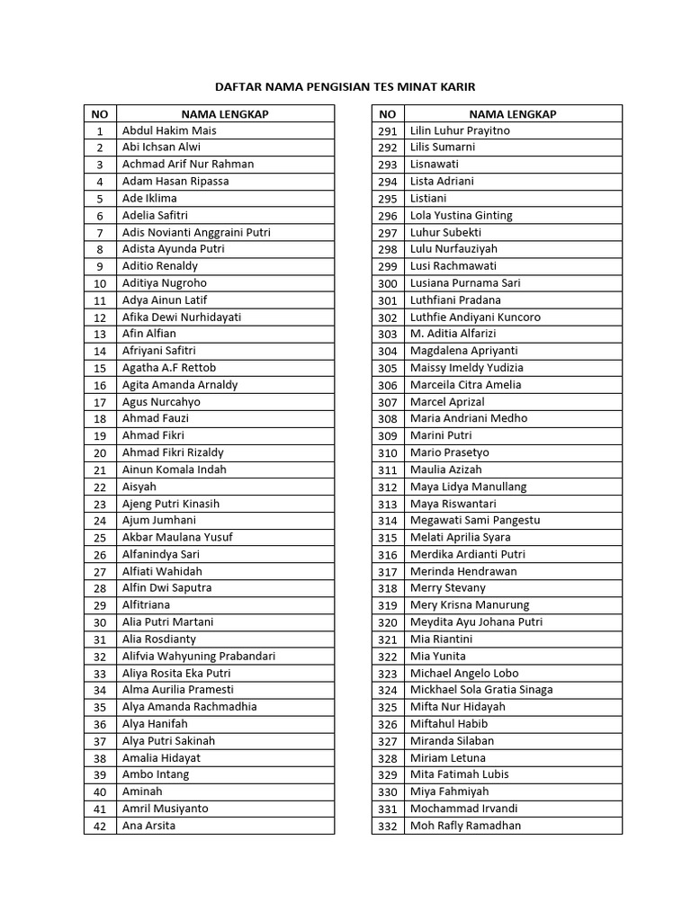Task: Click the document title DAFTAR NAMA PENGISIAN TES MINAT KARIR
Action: [x=345, y=87]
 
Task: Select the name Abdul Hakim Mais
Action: [x=169, y=130]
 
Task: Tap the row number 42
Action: [x=100, y=827]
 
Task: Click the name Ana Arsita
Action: [x=149, y=826]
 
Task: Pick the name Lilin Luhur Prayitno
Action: [x=460, y=130]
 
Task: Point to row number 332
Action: [x=388, y=827]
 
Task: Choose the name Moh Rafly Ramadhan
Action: [x=465, y=826]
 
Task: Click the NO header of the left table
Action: [x=100, y=114]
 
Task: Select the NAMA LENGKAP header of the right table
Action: [x=513, y=114]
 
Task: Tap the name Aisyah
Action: [x=139, y=487]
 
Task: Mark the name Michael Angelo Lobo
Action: [x=464, y=673]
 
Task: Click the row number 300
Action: [x=388, y=283]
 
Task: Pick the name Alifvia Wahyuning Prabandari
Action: [x=199, y=657]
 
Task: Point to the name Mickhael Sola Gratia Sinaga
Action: [x=481, y=690]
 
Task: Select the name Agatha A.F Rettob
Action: [x=169, y=368]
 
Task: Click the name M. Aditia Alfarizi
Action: [x=458, y=334]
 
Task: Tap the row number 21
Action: [x=100, y=470]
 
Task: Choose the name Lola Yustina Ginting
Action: [x=461, y=216]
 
